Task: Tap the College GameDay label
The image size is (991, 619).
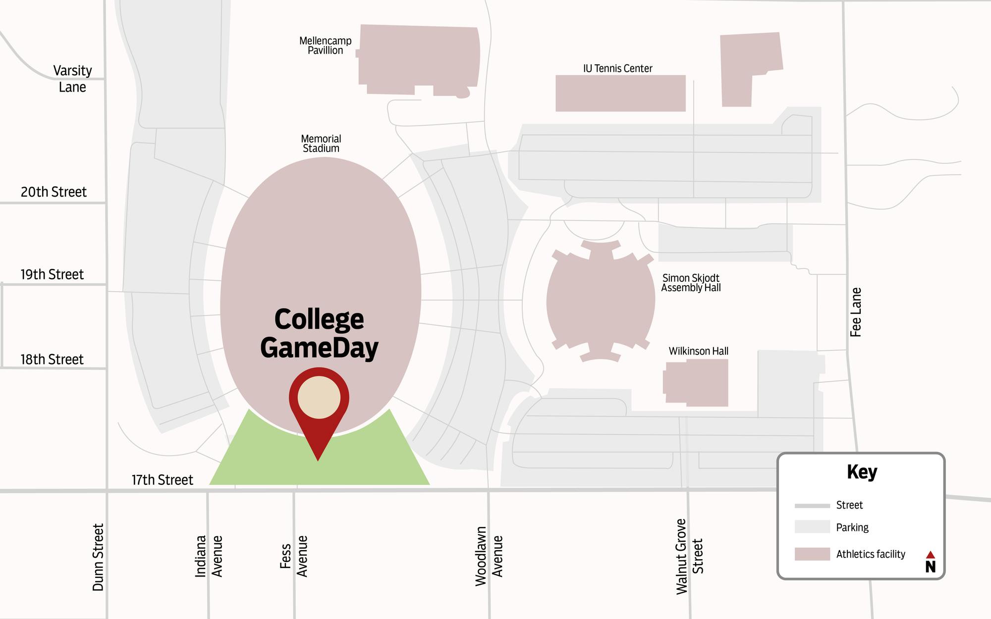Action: click(x=319, y=333)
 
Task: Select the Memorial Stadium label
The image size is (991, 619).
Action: click(x=321, y=144)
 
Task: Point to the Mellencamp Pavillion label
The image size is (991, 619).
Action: click(x=325, y=46)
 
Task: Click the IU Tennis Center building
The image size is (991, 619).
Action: click(x=620, y=93)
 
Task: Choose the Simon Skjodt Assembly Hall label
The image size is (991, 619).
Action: click(x=691, y=283)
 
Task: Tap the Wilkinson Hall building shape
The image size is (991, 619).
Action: click(x=697, y=382)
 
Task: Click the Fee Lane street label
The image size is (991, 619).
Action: click(x=856, y=312)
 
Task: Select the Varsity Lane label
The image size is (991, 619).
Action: click(x=72, y=79)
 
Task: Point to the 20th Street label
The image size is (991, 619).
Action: click(x=54, y=192)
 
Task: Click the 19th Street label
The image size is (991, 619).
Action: click(x=52, y=275)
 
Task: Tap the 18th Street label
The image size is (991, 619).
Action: click(x=52, y=360)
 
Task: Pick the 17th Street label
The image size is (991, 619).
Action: click(x=162, y=480)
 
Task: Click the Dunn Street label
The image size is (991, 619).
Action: click(x=98, y=557)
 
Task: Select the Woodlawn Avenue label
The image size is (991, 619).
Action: click(x=489, y=556)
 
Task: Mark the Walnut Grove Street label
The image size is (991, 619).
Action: click(x=689, y=556)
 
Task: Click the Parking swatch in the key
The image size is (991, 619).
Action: click(x=812, y=527)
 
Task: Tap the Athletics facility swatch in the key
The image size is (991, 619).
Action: click(x=812, y=554)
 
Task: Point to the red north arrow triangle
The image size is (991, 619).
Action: click(x=931, y=555)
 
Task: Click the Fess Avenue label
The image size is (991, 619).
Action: click(x=293, y=556)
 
